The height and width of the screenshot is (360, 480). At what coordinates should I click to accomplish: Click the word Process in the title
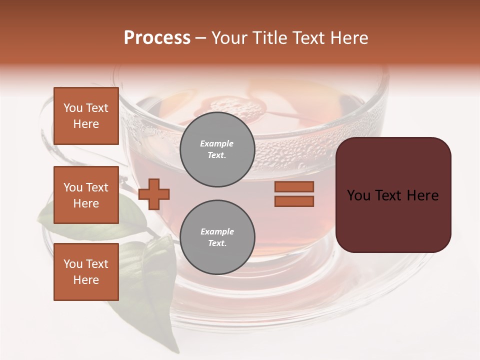(x=157, y=37)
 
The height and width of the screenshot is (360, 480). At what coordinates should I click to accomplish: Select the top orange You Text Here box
(x=86, y=116)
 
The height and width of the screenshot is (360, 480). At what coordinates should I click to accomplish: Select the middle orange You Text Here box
(x=86, y=195)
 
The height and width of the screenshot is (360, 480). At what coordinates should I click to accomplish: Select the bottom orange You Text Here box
(x=86, y=272)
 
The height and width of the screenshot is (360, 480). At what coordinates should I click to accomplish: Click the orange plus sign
(x=154, y=194)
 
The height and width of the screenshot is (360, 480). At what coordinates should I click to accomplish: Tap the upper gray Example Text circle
(x=217, y=149)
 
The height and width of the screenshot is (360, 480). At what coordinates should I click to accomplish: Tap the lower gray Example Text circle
(x=217, y=237)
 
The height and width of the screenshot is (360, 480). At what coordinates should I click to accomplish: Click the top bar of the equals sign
(x=294, y=186)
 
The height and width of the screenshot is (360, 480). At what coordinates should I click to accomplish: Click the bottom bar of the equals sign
(x=294, y=201)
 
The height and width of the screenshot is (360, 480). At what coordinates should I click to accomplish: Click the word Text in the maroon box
(x=388, y=195)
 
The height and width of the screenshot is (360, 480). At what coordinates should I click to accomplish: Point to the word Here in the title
(x=349, y=37)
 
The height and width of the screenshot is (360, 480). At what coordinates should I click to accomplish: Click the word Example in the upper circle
(x=216, y=143)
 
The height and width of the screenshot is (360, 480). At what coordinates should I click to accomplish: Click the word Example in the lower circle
(x=217, y=231)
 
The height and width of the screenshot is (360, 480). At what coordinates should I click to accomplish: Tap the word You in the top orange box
(x=73, y=108)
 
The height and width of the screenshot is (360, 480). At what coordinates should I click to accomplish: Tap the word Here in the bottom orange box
(x=86, y=280)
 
